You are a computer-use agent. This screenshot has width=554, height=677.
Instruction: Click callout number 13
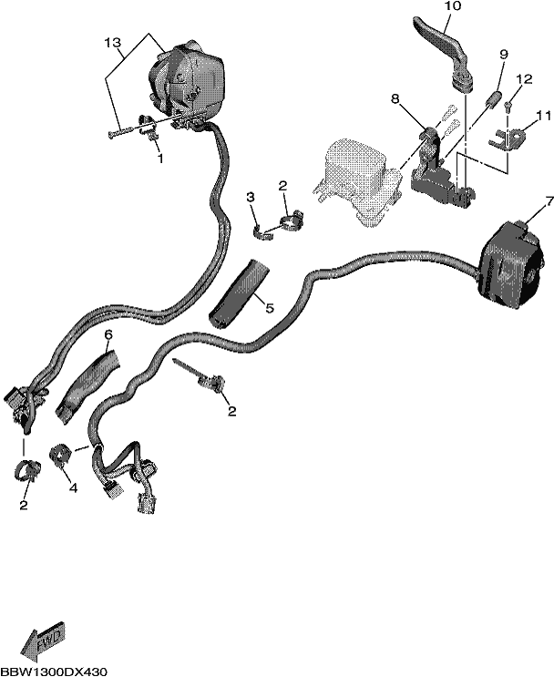(112, 43)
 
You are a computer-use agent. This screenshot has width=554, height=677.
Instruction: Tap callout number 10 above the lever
(453, 6)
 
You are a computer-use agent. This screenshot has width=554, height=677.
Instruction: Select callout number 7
(549, 201)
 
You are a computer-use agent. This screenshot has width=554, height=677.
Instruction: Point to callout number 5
(269, 308)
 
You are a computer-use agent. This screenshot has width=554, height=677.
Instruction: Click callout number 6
(108, 334)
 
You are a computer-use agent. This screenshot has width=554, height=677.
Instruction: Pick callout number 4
(74, 488)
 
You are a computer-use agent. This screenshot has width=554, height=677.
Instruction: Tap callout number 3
(251, 198)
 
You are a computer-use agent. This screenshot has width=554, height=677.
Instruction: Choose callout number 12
(524, 79)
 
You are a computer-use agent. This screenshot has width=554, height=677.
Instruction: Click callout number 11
(544, 116)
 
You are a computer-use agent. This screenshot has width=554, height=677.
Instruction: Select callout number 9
(504, 55)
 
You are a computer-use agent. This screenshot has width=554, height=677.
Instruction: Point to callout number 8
(395, 99)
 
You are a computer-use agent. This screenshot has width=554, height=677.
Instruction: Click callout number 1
(160, 159)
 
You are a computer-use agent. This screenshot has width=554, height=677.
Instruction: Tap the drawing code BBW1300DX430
(54, 672)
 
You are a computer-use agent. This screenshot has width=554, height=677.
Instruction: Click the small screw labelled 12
(508, 107)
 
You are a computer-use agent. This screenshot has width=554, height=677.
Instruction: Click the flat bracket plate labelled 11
(508, 138)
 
